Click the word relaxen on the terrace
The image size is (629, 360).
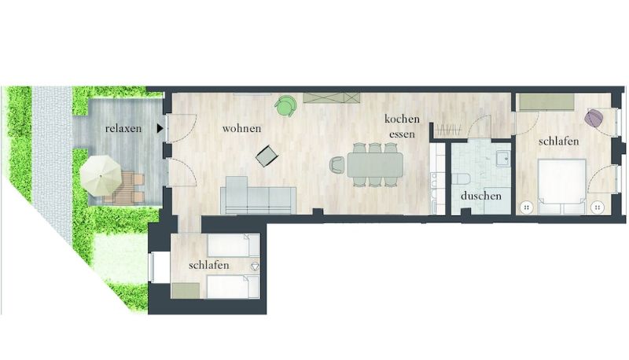(123, 129)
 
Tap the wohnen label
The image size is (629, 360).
(241, 129)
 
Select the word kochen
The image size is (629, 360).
(402, 119)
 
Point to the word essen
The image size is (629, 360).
(402, 134)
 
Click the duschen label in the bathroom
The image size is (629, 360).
(481, 196)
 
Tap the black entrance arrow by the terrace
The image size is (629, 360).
(160, 128)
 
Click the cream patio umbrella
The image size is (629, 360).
(101, 175)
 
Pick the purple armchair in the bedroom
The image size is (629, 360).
(594, 118)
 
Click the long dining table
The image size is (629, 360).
(375, 165)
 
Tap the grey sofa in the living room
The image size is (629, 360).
(259, 195)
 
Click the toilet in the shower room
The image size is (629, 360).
(459, 178)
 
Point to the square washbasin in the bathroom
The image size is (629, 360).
(503, 158)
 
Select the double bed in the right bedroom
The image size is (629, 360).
(561, 186)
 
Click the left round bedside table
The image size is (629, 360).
(526, 208)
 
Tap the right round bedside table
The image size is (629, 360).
(598, 208)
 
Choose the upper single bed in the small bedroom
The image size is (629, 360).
(234, 246)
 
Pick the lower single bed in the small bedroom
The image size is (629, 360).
(234, 287)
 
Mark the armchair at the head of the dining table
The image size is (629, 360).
(337, 165)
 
